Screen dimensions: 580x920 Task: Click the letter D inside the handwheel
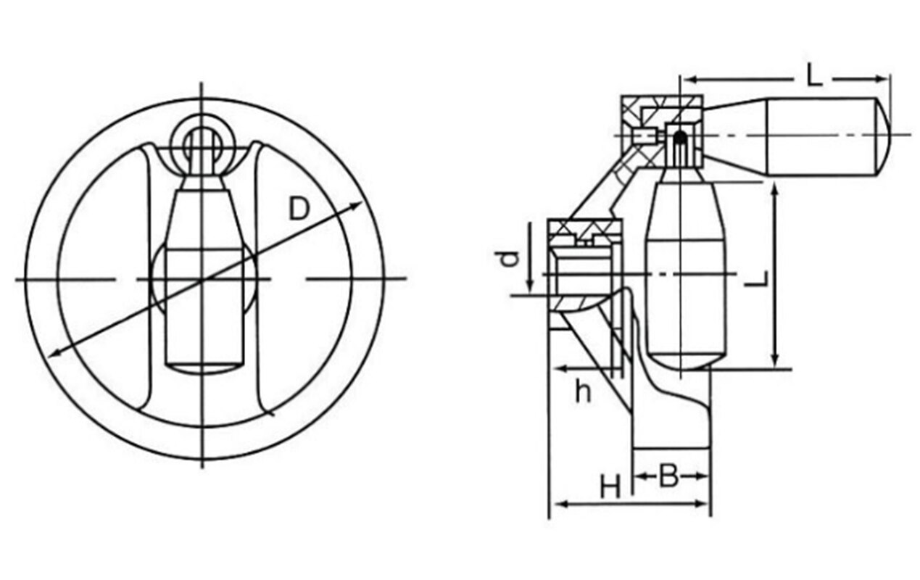(x=298, y=208)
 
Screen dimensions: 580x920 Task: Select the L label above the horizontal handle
(x=815, y=75)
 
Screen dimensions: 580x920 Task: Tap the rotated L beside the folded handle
(x=755, y=278)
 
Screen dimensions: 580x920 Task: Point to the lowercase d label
(x=512, y=258)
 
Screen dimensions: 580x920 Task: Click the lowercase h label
(x=583, y=391)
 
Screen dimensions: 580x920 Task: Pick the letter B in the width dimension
(x=668, y=476)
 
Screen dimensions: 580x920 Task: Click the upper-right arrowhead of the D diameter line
(x=357, y=206)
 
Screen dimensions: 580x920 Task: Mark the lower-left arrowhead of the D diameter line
(x=54, y=353)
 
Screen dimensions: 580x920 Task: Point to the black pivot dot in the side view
(x=679, y=136)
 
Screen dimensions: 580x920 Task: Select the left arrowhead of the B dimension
(x=639, y=476)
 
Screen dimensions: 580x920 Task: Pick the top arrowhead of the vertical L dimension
(x=776, y=190)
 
